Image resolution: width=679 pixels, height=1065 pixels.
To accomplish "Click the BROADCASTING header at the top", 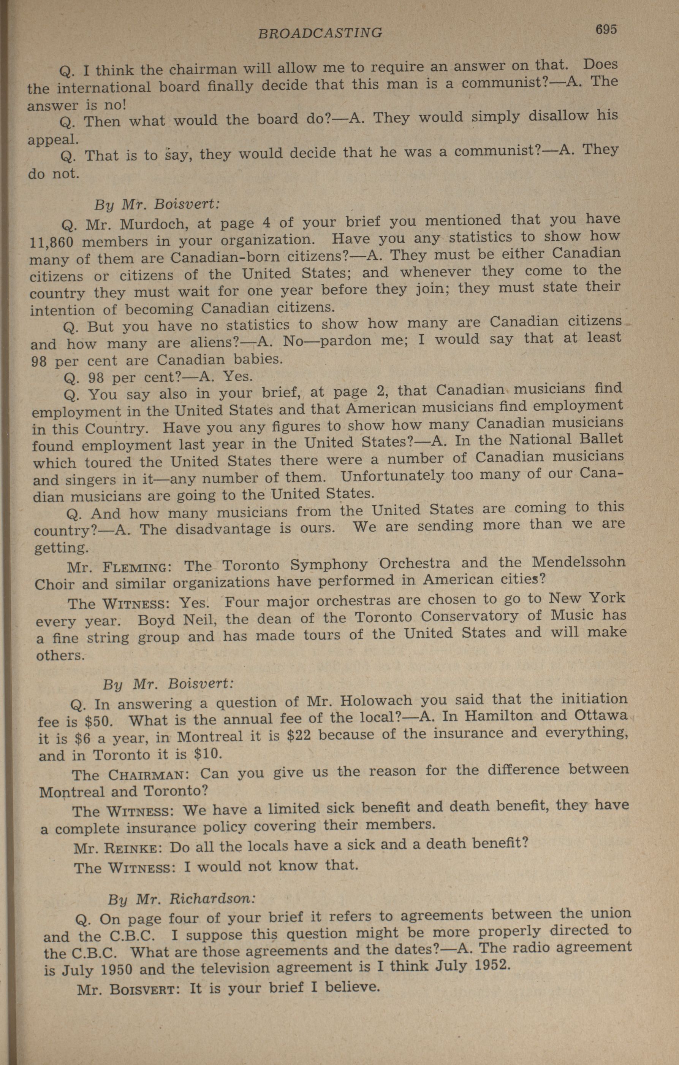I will (x=320, y=33).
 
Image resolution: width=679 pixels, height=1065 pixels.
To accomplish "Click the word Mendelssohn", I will (x=579, y=562).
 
